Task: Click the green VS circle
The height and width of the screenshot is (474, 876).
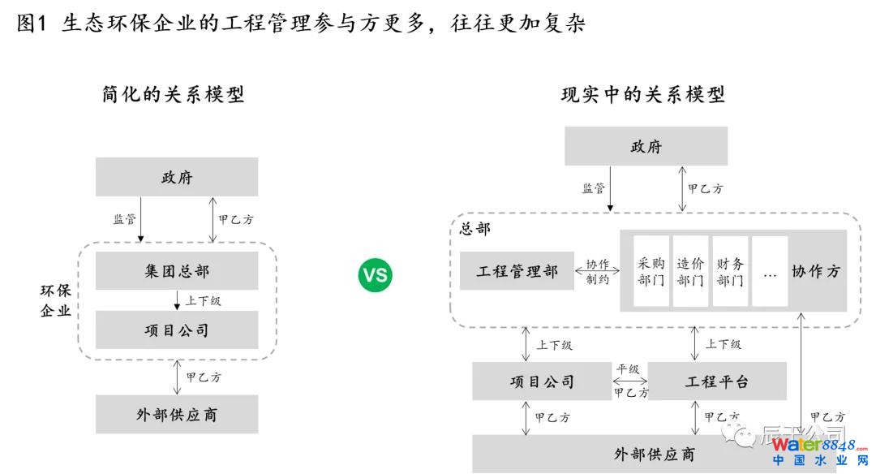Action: click(x=375, y=276)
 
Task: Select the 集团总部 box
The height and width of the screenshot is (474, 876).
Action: click(x=177, y=270)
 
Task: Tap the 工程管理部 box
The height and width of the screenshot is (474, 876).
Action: click(x=517, y=271)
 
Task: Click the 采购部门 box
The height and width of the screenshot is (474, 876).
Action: click(x=651, y=271)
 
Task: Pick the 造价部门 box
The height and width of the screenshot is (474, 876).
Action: click(x=690, y=271)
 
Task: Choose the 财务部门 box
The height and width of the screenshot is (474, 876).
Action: click(x=729, y=271)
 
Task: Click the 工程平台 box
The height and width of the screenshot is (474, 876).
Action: click(x=717, y=381)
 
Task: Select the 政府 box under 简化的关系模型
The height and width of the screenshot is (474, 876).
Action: click(x=177, y=177)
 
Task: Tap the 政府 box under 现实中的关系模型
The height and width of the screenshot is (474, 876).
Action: click(x=646, y=147)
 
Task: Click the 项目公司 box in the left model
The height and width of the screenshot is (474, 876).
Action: click(x=177, y=330)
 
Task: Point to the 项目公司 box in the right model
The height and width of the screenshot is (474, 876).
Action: click(x=543, y=381)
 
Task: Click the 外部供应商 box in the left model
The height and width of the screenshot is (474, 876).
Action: click(x=177, y=414)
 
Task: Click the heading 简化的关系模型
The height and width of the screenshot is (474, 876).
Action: click(x=174, y=95)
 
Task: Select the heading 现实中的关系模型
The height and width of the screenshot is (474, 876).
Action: click(x=643, y=95)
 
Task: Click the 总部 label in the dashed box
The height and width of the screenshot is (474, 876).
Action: click(x=474, y=229)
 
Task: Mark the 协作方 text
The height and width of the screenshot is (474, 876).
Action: click(x=816, y=271)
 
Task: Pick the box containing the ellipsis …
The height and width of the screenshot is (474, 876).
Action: click(x=770, y=271)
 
